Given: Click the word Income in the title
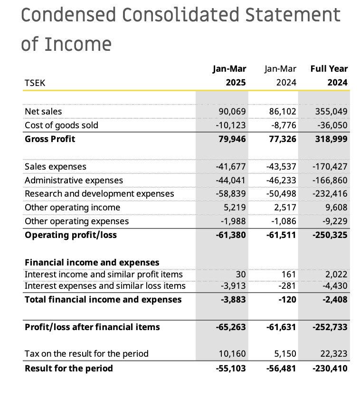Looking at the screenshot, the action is click(x=78, y=44).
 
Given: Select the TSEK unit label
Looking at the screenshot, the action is click(x=35, y=83).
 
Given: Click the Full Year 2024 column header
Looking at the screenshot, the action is click(x=329, y=76).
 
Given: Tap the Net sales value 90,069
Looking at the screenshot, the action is click(x=232, y=111).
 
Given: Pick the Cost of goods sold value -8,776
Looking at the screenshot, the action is click(x=284, y=125).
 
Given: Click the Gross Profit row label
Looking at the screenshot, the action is click(x=50, y=139).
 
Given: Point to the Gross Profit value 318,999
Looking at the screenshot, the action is click(x=331, y=139).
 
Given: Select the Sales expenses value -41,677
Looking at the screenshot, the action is click(x=231, y=167).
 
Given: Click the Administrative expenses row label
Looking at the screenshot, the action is click(x=74, y=180).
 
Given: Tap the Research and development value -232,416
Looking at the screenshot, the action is click(x=330, y=194).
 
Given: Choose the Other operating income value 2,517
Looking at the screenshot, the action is click(x=285, y=208).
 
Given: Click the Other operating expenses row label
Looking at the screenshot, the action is click(x=77, y=221).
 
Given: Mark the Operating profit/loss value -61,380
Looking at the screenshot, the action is click(x=231, y=235).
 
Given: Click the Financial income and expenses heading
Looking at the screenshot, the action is click(x=92, y=263).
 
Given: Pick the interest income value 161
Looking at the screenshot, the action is click(x=289, y=275).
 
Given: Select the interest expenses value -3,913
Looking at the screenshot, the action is click(x=233, y=286).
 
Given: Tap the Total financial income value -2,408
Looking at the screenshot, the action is click(x=335, y=300).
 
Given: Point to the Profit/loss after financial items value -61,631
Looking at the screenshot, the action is click(x=281, y=327).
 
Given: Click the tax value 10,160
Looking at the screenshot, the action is click(x=232, y=354).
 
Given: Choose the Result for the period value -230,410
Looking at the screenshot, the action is click(x=330, y=369).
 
